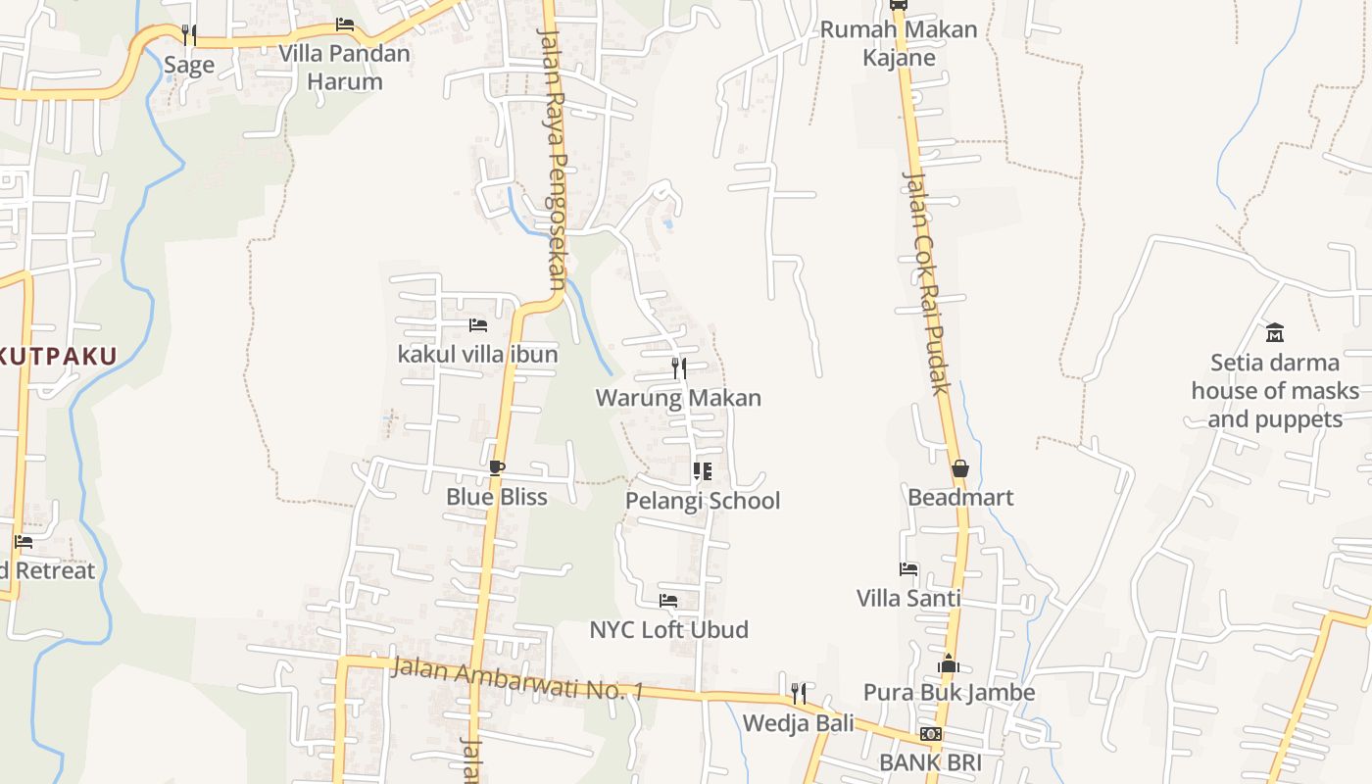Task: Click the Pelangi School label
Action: coord(703,501)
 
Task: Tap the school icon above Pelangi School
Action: coord(702,471)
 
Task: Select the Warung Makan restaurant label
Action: coord(678,398)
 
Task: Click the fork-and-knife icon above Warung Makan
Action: coord(678,368)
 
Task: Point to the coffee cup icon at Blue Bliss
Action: coord(497,467)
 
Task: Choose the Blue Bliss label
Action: coord(497,497)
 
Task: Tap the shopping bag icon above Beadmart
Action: coord(959,468)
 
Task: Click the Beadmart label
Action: coord(960,497)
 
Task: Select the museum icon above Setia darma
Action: coord(1275,333)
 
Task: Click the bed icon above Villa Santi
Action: coord(908,568)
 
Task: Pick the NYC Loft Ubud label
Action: coord(668,629)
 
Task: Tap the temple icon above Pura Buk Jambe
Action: coord(948,664)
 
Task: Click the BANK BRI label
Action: coord(930,762)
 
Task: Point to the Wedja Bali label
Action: coord(798,723)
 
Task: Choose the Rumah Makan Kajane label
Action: coord(899,43)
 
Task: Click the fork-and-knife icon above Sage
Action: coord(189,35)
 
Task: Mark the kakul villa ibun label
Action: coord(477,354)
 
